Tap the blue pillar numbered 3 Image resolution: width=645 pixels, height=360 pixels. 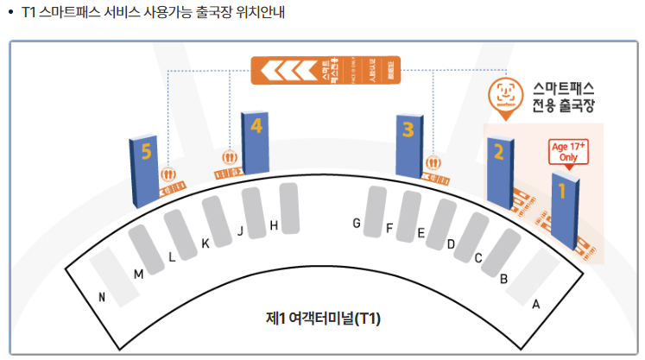tap(408, 144)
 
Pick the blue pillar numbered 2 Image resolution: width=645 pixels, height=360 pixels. tap(499, 171)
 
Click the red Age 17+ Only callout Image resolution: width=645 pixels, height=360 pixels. tap(569, 152)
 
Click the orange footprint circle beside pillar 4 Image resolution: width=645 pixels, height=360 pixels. tap(230, 157)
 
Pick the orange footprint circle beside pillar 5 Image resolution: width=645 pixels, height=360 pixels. tap(169, 174)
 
